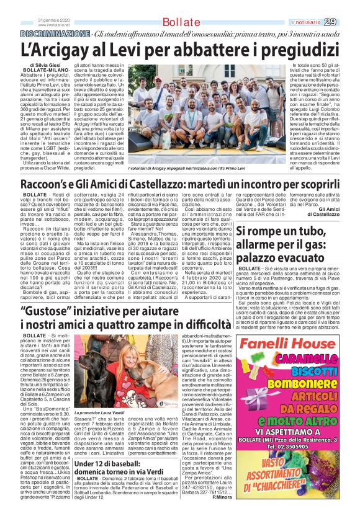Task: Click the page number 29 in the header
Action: (348, 22)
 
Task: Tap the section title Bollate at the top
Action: (181, 23)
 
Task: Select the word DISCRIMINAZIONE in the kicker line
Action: (53, 32)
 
